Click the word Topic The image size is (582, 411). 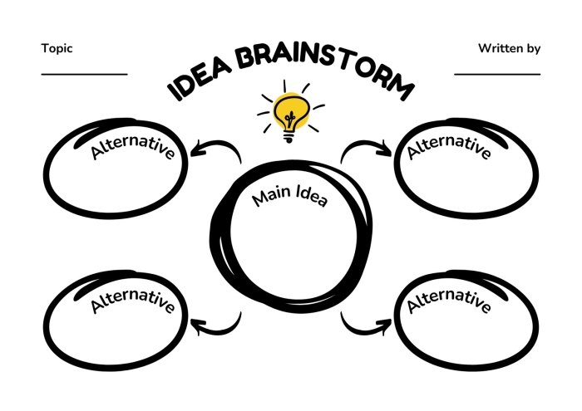click(x=57, y=49)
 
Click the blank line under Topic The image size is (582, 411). click(x=84, y=75)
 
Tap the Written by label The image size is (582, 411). click(x=509, y=48)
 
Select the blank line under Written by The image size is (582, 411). click(x=497, y=75)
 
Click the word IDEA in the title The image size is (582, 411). click(x=200, y=79)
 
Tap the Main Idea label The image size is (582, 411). click(x=289, y=196)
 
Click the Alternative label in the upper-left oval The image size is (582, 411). click(x=132, y=147)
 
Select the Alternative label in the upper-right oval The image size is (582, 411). click(x=449, y=147)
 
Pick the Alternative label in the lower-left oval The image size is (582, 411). click(x=132, y=301)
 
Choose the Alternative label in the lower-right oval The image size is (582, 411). click(x=449, y=301)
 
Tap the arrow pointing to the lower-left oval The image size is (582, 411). click(x=223, y=331)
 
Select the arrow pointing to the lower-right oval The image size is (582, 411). click(x=359, y=331)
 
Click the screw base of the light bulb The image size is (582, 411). click(x=289, y=137)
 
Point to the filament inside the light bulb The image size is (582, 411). click(x=289, y=119)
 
